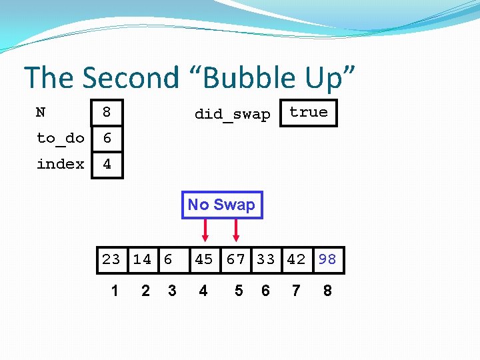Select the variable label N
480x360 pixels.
41,112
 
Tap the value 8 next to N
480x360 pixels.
107,113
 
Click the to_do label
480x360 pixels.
60,138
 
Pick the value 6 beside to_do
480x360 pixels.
107,138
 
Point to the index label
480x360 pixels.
60,164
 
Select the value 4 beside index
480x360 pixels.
107,164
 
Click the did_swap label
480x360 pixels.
232,114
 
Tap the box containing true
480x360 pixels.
309,113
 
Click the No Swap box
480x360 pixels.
222,205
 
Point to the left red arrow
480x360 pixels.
205,231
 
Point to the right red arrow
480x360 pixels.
236,231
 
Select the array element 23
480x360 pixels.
111,259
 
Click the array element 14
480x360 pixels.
142,259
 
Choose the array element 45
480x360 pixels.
204,259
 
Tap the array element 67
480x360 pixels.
236,259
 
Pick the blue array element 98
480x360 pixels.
327,259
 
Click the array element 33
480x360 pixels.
265,259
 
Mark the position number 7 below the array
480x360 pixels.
296,291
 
